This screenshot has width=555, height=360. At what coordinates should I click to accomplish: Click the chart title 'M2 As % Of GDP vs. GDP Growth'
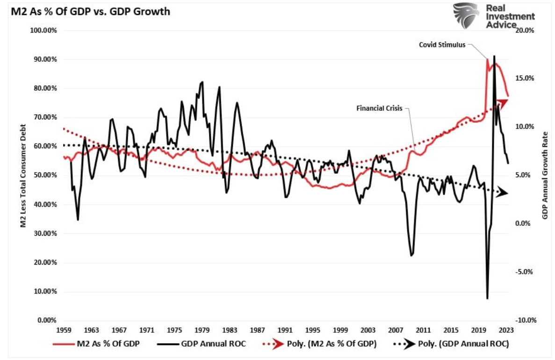coord(87,12)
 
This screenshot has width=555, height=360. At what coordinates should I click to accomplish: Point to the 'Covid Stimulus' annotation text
coord(442,45)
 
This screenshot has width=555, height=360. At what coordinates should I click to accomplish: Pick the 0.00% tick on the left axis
coord(45,321)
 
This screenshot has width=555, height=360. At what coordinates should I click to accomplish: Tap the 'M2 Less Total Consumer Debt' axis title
coord(22,175)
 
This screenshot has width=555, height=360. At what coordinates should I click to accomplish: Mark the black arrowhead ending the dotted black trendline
coord(502,192)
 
